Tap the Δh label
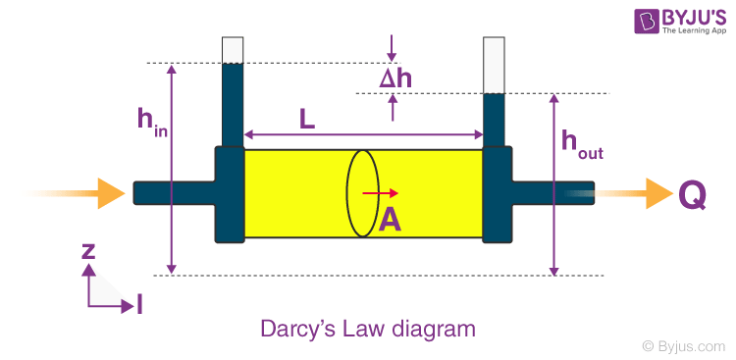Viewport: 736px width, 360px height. pyautogui.click(x=395, y=78)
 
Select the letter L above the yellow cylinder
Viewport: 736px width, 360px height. pyautogui.click(x=307, y=120)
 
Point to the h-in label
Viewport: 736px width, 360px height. pyautogui.click(x=152, y=122)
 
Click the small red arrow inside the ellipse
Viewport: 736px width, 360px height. pyautogui.click(x=380, y=193)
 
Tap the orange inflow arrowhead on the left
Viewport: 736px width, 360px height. pyautogui.click(x=112, y=193)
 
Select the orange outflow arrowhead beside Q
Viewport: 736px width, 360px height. pyautogui.click(x=659, y=193)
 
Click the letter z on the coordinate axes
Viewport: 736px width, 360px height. pyautogui.click(x=88, y=251)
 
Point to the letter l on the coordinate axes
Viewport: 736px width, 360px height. pyautogui.click(x=139, y=306)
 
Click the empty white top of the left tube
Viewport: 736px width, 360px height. pyautogui.click(x=233, y=50)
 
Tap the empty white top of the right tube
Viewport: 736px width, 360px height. pyautogui.click(x=494, y=66)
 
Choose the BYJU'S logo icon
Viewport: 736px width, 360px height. pyautogui.click(x=647, y=21)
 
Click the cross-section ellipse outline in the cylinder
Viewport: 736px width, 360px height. pyautogui.click(x=346, y=193)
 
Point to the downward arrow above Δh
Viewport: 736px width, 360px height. pyautogui.click(x=393, y=47)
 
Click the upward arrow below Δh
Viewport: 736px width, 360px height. pyautogui.click(x=393, y=108)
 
